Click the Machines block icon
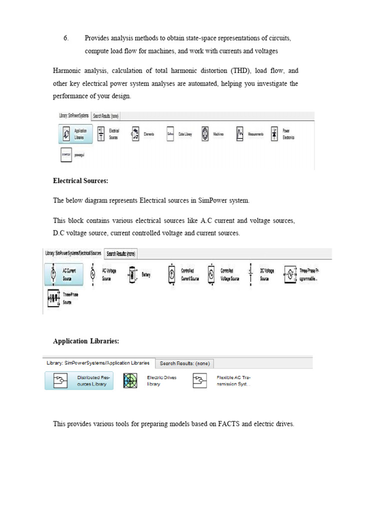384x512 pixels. [x=204, y=134]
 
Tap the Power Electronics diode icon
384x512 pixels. [x=273, y=134]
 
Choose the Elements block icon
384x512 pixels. [x=135, y=134]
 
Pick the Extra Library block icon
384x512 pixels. [x=170, y=134]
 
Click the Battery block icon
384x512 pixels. [x=132, y=274]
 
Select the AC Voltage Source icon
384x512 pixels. [x=92, y=274]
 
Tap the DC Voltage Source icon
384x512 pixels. [x=250, y=274]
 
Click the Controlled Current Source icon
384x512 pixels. [x=171, y=274]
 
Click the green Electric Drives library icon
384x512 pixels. [x=130, y=381]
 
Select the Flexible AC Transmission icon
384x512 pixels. [x=199, y=381]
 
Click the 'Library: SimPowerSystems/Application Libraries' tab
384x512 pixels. [x=98, y=363]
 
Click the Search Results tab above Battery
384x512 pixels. [x=121, y=253]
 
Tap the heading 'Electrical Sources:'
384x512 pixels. [x=80, y=180]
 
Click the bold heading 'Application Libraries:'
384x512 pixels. [x=86, y=341]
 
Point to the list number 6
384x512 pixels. [x=65, y=38]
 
